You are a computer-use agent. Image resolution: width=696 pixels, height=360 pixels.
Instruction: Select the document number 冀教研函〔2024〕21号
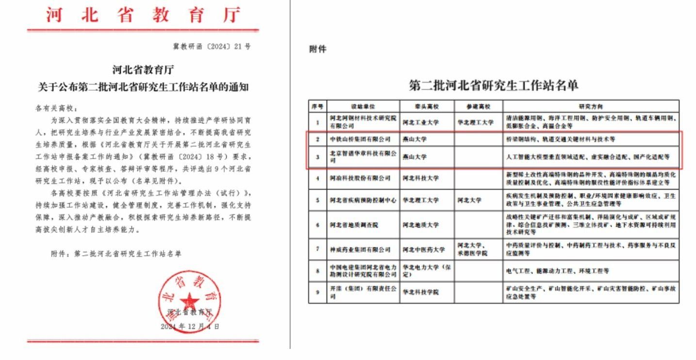212,47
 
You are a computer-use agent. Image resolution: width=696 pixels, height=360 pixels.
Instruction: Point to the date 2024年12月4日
190,327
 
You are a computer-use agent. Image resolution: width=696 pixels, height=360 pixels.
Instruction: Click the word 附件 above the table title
318,49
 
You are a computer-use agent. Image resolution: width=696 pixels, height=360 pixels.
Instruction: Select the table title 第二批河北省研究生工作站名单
494,86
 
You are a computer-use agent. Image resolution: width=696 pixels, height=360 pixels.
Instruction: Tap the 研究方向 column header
591,106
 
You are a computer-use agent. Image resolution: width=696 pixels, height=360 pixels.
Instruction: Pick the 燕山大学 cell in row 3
413,157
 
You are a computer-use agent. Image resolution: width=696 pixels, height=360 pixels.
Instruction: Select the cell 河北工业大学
420,122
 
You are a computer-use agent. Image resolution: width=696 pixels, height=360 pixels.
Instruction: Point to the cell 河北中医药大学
423,249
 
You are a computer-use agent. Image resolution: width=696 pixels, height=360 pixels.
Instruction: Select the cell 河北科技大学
420,178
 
